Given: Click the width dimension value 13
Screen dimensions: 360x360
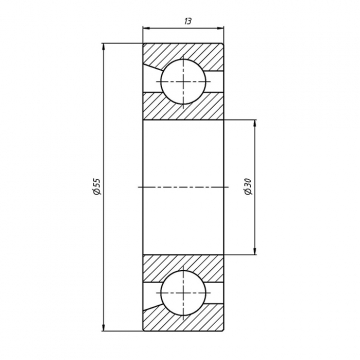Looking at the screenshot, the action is click(188, 21).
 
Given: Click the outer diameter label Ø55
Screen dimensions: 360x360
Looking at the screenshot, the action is click(97, 187).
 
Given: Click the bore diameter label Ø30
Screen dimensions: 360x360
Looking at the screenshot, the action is click(248, 187).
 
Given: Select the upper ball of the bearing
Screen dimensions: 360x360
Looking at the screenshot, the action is click(183, 82).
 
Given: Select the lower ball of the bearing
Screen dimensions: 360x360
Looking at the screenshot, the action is click(183, 293).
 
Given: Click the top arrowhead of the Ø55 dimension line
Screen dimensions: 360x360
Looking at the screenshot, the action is click(104, 46).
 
